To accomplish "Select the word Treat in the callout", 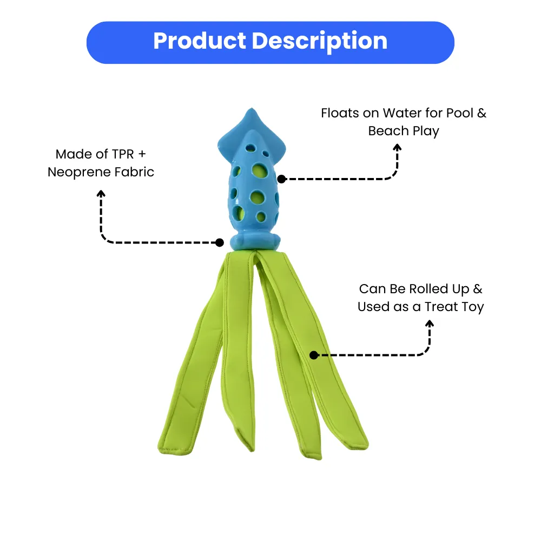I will (x=443, y=307).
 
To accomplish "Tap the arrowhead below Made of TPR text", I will (x=101, y=193).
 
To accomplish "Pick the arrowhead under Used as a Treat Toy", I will (x=430, y=324).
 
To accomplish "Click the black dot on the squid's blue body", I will (x=281, y=179).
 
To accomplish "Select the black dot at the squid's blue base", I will (x=220, y=242).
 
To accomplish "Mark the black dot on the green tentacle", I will (x=313, y=355).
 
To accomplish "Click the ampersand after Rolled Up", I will (x=478, y=289).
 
